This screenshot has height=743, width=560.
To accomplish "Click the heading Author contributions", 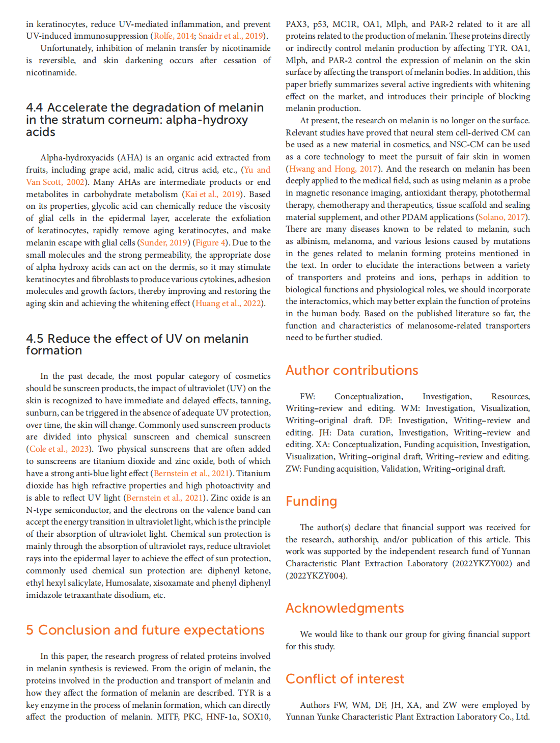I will tap(352, 370).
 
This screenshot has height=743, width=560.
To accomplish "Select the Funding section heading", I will tap(311, 501).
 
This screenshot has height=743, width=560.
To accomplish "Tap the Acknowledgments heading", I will tap(345, 608).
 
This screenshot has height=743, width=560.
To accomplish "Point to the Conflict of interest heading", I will tap(345, 679).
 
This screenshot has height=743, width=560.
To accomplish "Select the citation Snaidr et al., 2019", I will tap(231, 36).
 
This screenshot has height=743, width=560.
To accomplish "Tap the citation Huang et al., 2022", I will tap(228, 303).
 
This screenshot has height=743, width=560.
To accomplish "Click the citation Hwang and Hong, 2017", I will tap(333, 169).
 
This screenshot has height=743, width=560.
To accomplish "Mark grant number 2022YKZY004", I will tap(316, 575).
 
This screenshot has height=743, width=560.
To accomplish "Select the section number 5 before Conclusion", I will tap(30, 630).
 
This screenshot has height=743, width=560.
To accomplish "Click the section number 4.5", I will tap(35, 339).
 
